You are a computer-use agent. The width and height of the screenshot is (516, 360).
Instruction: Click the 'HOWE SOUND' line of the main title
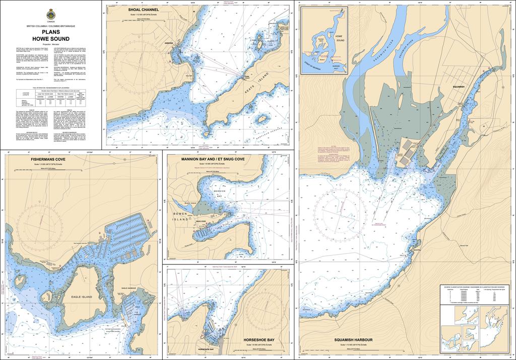tap(51, 39)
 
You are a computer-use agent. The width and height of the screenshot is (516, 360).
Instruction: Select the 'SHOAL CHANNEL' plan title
tap(143, 10)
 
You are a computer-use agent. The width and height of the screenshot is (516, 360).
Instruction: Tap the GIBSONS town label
tap(169, 43)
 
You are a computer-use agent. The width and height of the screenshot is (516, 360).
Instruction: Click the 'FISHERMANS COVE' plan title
tap(50, 159)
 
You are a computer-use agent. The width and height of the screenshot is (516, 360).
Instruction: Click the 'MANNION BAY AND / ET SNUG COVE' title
tap(213, 159)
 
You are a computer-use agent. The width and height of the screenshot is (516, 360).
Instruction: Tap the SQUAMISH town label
tap(459, 88)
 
